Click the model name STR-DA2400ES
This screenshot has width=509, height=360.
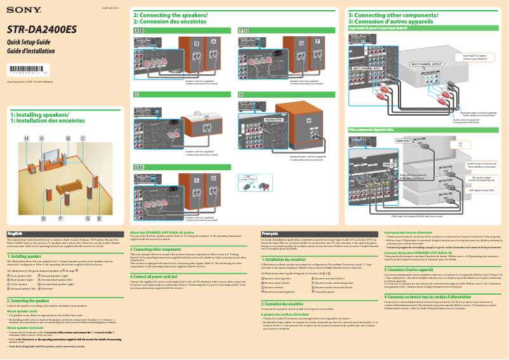41,29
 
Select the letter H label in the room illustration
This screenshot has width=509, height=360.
27,138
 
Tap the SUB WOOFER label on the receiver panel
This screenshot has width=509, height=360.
274,119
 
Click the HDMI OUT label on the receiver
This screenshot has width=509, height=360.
373,164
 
